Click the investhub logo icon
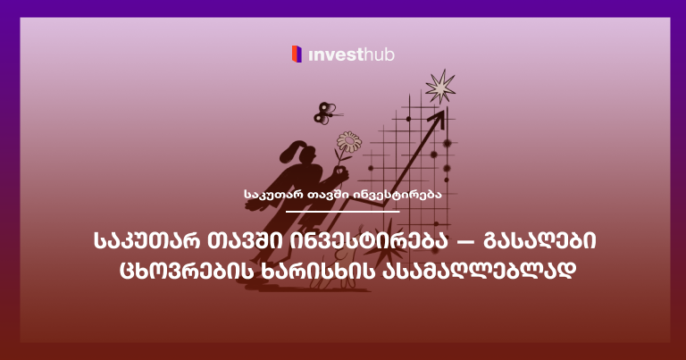[x=297, y=54]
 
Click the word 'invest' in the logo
[x=335, y=55]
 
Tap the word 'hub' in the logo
[x=379, y=55]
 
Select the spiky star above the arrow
[x=439, y=88]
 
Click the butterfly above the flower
[x=323, y=112]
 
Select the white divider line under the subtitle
[x=342, y=211]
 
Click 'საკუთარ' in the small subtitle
[x=272, y=193]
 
